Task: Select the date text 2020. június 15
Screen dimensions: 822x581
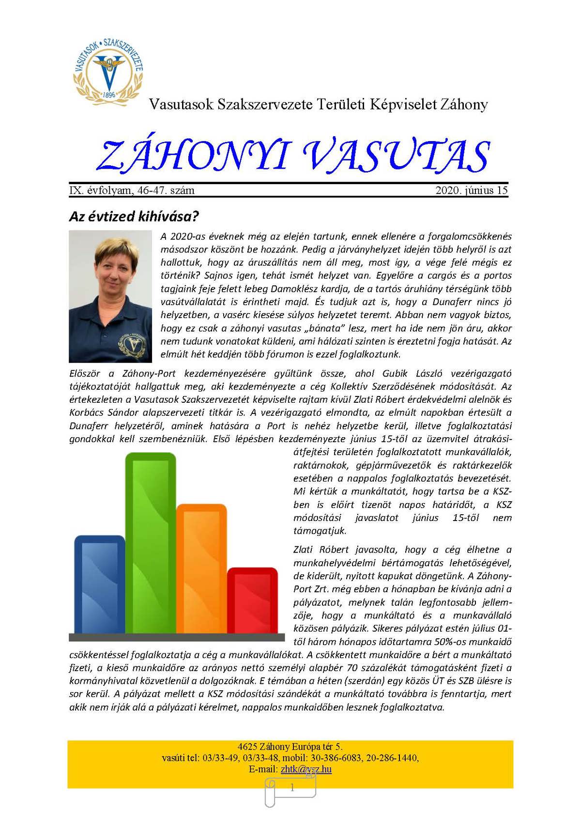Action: point(471,190)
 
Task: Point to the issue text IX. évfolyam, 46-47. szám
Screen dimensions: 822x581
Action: point(132,190)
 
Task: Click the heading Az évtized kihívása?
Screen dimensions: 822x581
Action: point(134,216)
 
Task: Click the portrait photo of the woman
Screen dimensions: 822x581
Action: point(110,296)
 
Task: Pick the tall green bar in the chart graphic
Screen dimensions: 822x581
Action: point(151,543)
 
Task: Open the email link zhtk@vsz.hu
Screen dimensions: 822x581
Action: point(306,769)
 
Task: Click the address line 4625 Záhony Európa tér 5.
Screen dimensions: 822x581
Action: point(290,747)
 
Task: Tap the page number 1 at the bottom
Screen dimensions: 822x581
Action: point(292,788)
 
